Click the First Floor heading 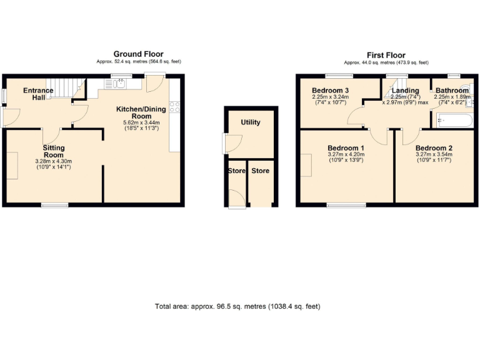tap(386, 55)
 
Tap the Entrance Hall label tap(38, 95)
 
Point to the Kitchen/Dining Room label tap(141, 112)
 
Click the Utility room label tap(251, 122)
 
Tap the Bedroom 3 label tap(330, 91)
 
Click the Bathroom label tap(452, 91)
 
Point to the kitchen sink tap(118, 85)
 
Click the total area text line tap(237, 307)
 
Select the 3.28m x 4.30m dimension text tap(53, 161)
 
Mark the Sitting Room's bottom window tap(55, 205)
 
